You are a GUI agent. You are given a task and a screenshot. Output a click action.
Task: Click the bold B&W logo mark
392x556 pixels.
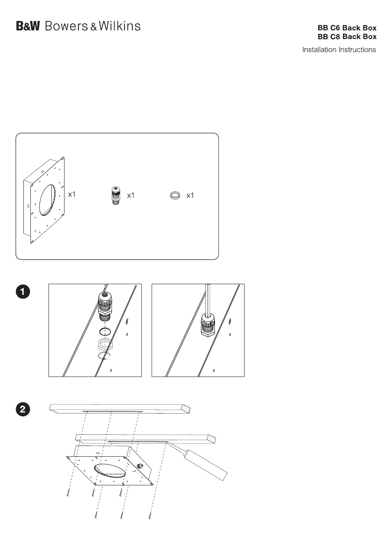click(x=28, y=26)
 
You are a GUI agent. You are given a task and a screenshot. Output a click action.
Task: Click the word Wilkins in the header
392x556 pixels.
click(x=120, y=26)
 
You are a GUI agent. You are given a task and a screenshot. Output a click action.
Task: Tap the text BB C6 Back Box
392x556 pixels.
click(x=347, y=28)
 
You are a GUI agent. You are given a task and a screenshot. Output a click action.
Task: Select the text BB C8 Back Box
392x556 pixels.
click(x=347, y=37)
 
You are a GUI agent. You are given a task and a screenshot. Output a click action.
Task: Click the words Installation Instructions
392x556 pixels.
click(x=339, y=50)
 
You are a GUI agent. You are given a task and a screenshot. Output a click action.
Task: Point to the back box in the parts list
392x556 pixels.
click(x=44, y=200)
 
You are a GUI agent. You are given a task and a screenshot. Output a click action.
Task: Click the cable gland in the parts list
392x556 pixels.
click(x=115, y=195)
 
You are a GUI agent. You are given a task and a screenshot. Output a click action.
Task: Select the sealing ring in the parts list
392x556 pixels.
click(x=175, y=195)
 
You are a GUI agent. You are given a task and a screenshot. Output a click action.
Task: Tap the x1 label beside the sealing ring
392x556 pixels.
click(x=190, y=195)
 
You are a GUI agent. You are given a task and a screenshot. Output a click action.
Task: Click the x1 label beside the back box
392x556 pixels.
click(x=72, y=194)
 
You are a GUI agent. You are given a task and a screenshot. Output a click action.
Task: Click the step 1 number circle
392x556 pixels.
click(x=23, y=292)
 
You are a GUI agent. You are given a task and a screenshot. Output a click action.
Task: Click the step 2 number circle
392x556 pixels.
click(x=23, y=409)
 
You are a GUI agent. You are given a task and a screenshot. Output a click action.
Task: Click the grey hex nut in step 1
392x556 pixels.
click(x=105, y=344)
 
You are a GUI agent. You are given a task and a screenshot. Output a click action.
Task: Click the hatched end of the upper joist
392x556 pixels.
click(x=186, y=409)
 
